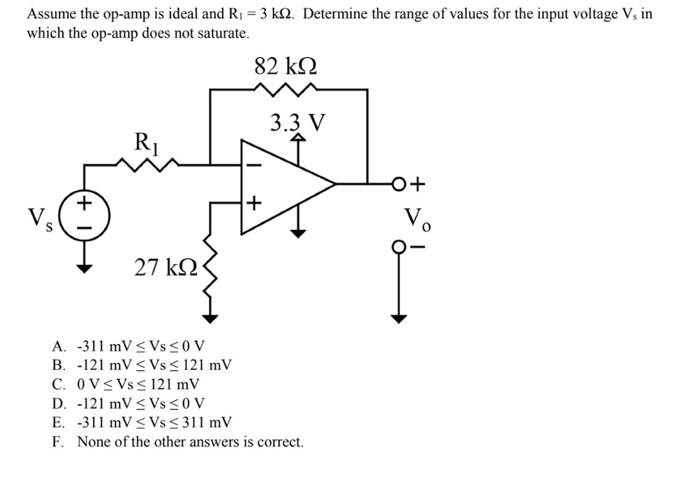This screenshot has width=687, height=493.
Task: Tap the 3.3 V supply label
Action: (x=297, y=123)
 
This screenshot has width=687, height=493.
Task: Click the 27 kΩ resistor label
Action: (x=166, y=267)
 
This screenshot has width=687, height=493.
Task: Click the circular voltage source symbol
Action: (x=84, y=215)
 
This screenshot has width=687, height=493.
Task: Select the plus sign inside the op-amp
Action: (x=254, y=202)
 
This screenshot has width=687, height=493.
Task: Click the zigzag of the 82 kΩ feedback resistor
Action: (x=288, y=88)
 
